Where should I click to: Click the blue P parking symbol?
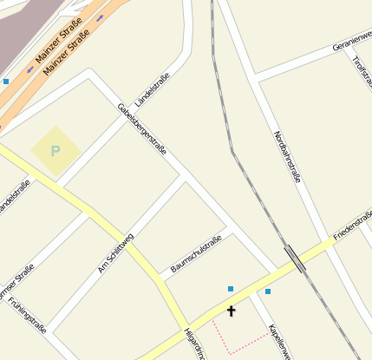click(55, 151)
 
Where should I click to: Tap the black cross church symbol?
click(232, 310)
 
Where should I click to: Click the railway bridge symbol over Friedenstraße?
click(295, 259)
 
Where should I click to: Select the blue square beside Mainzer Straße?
click(6, 82)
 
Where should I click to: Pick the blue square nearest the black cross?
click(231, 289)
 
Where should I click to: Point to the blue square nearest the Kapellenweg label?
click(268, 291)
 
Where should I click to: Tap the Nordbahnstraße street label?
click(288, 156)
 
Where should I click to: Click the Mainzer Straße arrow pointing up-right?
click(100, 18)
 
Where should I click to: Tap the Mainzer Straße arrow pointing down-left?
click(30, 69)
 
